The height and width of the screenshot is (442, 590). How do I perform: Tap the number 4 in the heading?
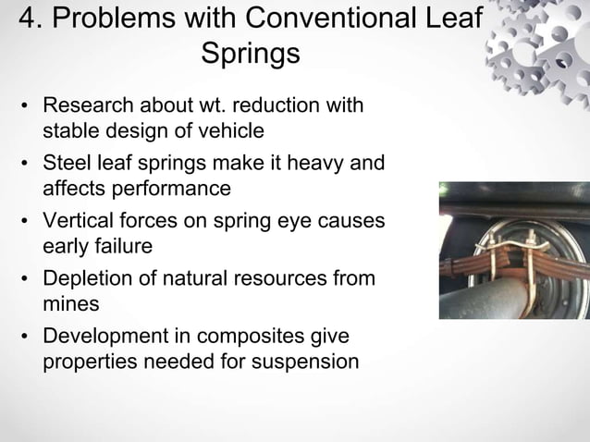pos(29,19)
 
